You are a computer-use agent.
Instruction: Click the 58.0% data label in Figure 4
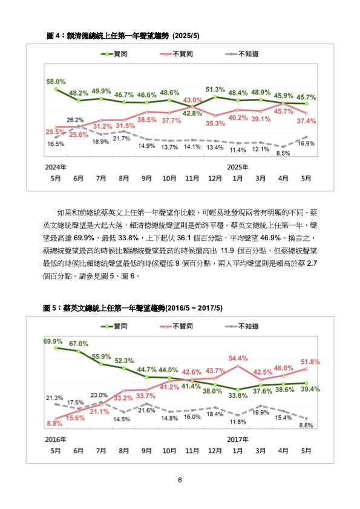pyautogui.click(x=56, y=82)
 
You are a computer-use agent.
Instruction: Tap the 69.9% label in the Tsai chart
pyautogui.click(x=53, y=341)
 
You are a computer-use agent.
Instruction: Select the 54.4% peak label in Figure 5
pyautogui.click(x=238, y=358)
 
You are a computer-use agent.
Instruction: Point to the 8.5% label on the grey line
pyautogui.click(x=283, y=153)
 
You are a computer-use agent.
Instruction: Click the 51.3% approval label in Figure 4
pyautogui.click(x=215, y=89)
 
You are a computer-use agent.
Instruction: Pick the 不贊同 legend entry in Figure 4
pyautogui.click(x=177, y=54)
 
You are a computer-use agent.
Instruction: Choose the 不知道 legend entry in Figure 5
pyautogui.click(x=242, y=326)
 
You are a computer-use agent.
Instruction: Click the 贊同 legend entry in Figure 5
pyautogui.click(x=114, y=326)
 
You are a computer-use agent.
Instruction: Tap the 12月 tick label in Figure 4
pyautogui.click(x=215, y=178)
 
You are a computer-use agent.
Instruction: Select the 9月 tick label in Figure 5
pyautogui.click(x=146, y=450)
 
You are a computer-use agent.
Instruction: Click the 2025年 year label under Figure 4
pyautogui.click(x=238, y=167)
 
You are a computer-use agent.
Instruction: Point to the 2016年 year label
pyautogui.click(x=56, y=439)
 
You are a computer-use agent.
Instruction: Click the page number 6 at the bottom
pyautogui.click(x=180, y=480)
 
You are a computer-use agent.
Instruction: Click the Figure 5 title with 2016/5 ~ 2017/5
pyautogui.click(x=133, y=308)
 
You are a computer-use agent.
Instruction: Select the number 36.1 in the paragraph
pyautogui.click(x=184, y=238)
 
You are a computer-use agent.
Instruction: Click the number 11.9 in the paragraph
pyautogui.click(x=227, y=251)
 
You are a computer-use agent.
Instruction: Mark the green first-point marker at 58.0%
pyautogui.click(x=56, y=89)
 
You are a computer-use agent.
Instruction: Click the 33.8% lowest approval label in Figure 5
pyautogui.click(x=238, y=396)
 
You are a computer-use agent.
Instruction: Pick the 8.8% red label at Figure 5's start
pyautogui.click(x=54, y=424)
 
